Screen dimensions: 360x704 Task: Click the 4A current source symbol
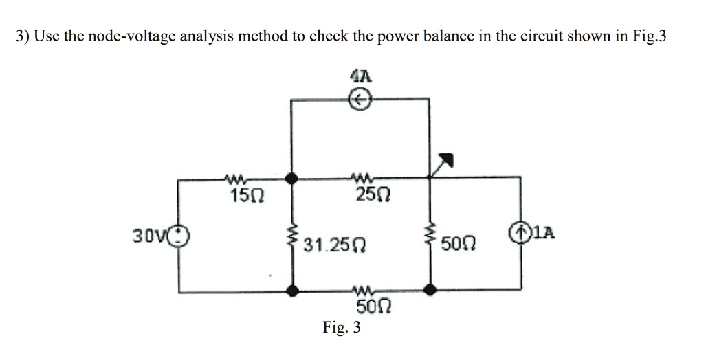pyautogui.click(x=360, y=100)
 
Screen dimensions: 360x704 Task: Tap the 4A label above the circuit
pyautogui.click(x=360, y=76)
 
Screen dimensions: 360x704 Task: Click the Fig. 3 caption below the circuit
pyautogui.click(x=342, y=328)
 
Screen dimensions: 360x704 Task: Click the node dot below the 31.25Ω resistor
pyautogui.click(x=293, y=291)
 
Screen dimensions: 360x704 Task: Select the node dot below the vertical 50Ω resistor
pyautogui.click(x=430, y=291)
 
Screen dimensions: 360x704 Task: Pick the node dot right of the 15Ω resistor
pyautogui.click(x=293, y=178)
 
